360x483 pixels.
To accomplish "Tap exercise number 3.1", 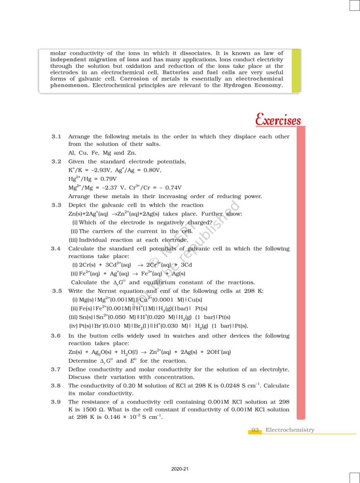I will coord(57,137).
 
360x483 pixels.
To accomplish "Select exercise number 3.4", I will coord(57,249).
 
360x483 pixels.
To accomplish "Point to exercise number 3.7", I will coord(57,369).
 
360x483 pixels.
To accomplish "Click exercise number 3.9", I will coord(57,401).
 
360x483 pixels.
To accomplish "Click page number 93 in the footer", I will coord(255,430).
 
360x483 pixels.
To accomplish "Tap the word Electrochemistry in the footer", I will coord(290,430).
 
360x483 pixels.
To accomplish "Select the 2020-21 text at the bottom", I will coord(180,469).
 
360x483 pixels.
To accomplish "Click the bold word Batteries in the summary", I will coord(176,73).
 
